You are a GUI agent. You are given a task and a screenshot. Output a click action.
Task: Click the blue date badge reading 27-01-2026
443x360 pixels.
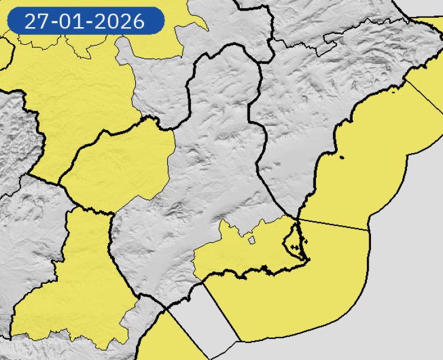point(85,21)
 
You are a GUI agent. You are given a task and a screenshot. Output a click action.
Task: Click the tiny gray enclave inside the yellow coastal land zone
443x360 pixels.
point(251,241)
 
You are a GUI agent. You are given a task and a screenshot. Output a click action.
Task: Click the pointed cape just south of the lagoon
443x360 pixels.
point(305,260)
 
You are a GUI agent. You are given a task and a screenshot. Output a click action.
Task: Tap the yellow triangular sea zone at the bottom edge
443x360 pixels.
point(171,343)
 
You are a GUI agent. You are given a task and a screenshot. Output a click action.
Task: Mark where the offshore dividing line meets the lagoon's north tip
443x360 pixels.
point(297,219)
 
